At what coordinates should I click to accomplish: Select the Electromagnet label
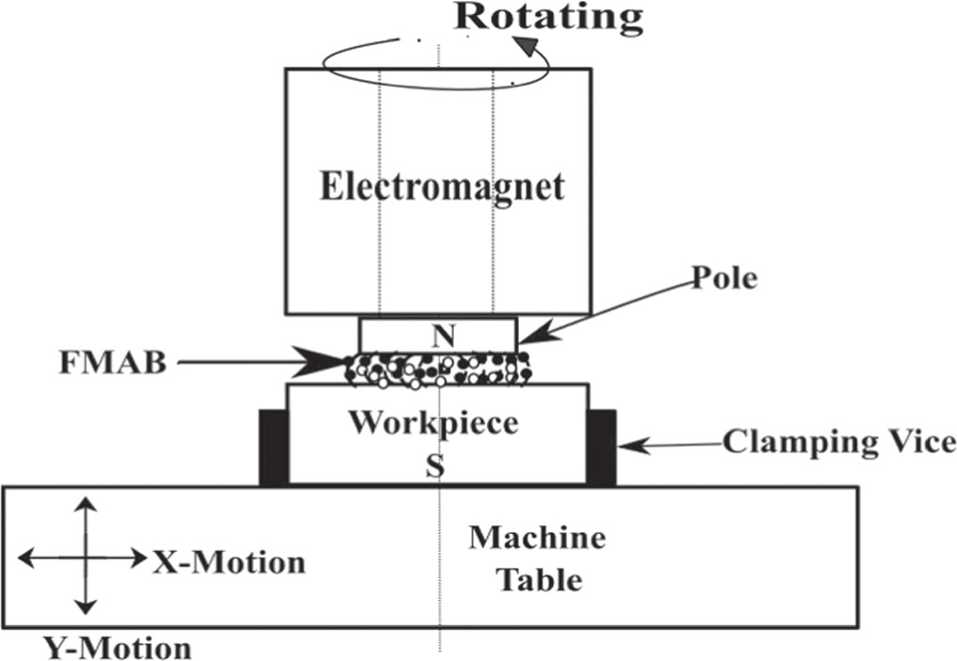click(x=442, y=186)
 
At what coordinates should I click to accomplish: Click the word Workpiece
click(x=433, y=423)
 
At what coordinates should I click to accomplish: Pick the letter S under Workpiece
click(x=433, y=466)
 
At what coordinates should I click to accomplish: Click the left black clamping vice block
click(x=273, y=447)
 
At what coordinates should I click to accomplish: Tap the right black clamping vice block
click(x=601, y=447)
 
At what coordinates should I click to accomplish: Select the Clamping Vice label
click(x=838, y=441)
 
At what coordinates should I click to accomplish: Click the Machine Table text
click(x=538, y=558)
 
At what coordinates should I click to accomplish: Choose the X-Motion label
click(x=229, y=562)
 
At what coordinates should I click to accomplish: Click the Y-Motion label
click(x=117, y=648)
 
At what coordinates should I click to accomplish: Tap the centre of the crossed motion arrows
click(x=86, y=558)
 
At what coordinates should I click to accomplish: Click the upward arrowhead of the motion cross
click(x=86, y=504)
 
